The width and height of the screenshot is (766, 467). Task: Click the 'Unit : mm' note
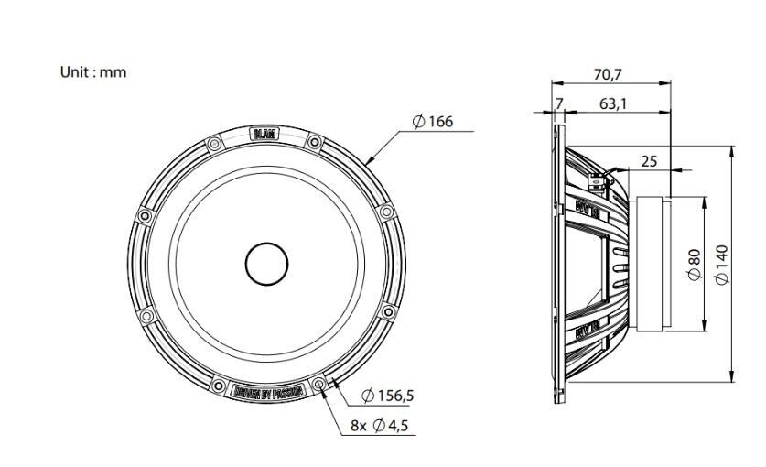(x=93, y=72)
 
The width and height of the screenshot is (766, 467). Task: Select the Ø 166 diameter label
(x=433, y=122)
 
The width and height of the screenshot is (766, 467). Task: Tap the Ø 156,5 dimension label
(x=388, y=396)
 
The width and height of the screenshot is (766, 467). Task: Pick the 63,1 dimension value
(x=613, y=104)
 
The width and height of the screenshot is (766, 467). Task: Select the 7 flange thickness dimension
(x=558, y=104)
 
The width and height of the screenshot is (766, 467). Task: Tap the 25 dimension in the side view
(x=648, y=161)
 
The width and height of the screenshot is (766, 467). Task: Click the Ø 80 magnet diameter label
(x=694, y=265)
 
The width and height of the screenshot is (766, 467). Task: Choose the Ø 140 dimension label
(x=723, y=265)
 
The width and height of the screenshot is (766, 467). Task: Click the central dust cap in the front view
(x=266, y=265)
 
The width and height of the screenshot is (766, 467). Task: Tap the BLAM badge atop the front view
(x=265, y=136)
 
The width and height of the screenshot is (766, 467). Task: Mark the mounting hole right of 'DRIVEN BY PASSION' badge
(x=318, y=384)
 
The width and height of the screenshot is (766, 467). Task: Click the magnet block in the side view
(x=651, y=265)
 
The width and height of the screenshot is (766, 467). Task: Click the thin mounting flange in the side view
(x=557, y=265)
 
